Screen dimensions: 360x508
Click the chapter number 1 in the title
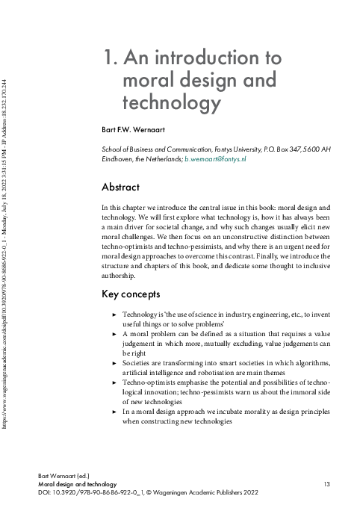[x=108, y=58]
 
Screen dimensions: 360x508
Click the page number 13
[x=326, y=484]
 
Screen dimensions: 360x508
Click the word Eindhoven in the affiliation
[x=120, y=159]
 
